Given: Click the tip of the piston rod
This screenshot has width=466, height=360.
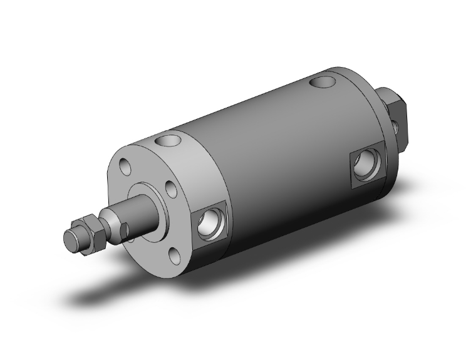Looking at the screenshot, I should [x=70, y=239].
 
